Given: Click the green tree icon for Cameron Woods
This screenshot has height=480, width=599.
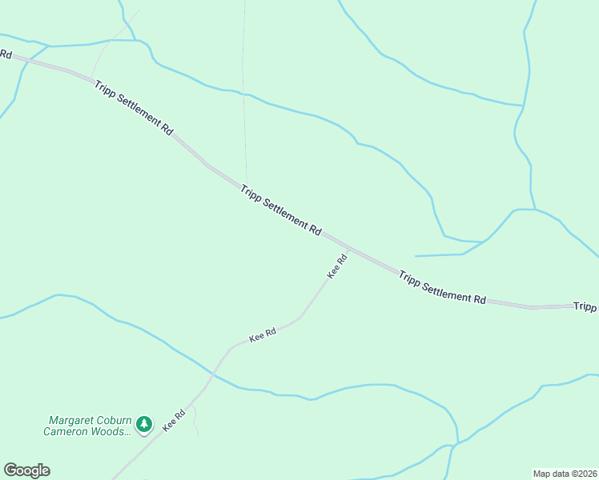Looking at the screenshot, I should [144, 424].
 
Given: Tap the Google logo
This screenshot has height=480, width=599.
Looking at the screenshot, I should [26, 470].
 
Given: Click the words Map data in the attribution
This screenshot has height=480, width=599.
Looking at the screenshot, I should [550, 473].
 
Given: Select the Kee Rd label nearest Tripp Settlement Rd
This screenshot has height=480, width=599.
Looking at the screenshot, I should [337, 266].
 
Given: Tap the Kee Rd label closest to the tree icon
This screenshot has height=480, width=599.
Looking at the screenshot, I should [174, 421].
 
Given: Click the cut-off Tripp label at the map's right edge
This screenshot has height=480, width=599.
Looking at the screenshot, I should [585, 306].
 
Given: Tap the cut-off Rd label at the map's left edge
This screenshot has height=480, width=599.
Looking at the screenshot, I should [6, 54].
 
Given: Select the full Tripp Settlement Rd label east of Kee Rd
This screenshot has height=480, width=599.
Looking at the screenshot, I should [442, 286].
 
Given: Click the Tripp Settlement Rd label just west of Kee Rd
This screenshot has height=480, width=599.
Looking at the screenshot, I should [280, 210].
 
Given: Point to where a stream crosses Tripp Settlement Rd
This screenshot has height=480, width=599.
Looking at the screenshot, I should [27, 60].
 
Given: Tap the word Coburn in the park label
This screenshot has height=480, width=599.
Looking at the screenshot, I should [114, 420].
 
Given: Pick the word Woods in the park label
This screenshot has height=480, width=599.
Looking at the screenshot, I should [113, 431].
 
